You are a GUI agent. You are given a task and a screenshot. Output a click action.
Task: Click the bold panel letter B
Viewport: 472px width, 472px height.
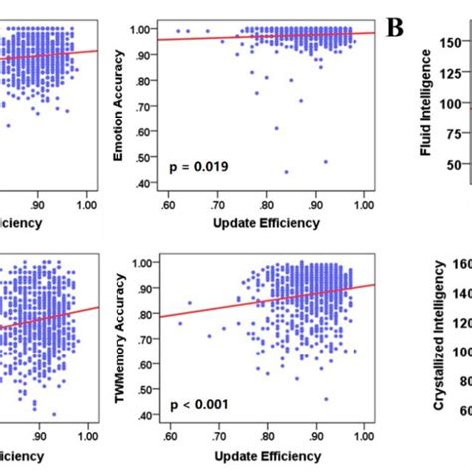(395, 28)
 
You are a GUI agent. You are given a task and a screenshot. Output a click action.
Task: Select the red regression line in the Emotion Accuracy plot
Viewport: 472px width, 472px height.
(269, 36)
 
